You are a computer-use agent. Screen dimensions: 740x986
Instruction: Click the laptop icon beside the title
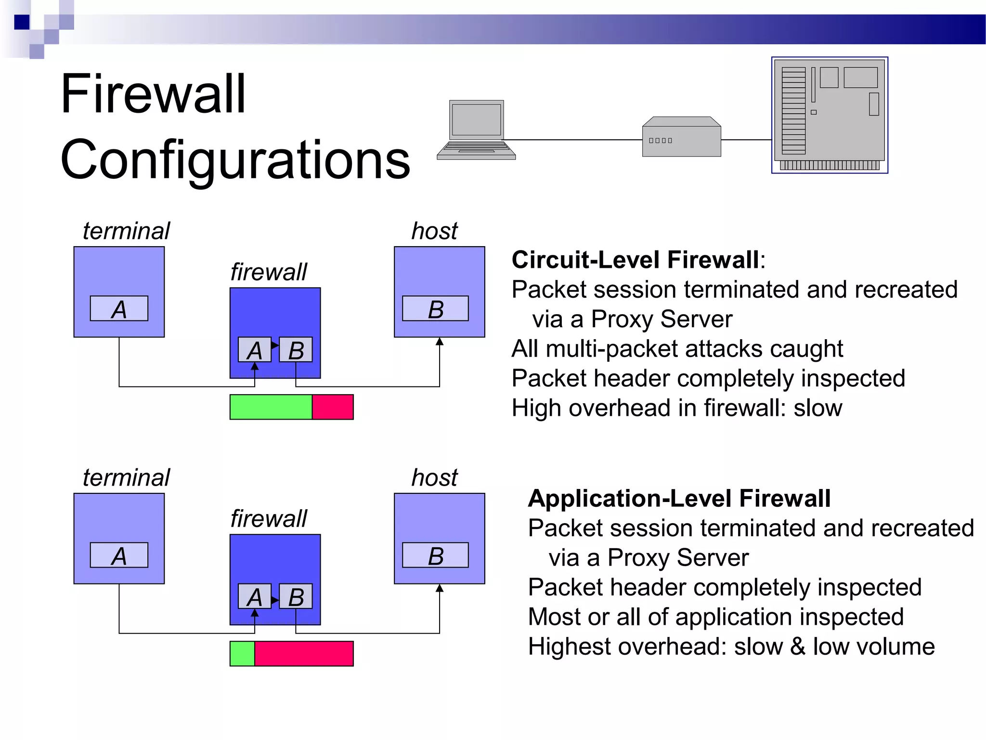[476, 130]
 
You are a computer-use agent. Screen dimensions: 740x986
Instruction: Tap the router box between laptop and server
[681, 137]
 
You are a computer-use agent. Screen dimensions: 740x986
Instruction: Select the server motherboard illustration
[830, 115]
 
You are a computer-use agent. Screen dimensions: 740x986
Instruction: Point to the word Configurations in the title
[235, 159]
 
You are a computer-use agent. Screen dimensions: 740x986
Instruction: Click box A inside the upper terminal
[119, 309]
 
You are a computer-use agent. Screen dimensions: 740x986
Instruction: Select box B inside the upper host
[435, 309]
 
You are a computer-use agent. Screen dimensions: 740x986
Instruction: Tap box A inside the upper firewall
[255, 350]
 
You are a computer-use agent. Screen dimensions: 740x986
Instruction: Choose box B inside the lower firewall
[296, 596]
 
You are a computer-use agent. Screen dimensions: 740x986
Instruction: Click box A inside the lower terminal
[119, 555]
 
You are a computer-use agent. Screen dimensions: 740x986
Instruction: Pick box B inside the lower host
[435, 555]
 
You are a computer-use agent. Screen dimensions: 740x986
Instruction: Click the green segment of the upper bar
[271, 407]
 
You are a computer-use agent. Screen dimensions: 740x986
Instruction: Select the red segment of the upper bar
[333, 407]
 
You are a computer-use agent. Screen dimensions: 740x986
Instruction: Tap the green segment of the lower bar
[242, 654]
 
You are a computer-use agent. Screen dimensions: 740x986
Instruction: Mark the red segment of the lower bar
[304, 654]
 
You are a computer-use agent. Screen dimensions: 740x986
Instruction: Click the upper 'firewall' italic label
[268, 272]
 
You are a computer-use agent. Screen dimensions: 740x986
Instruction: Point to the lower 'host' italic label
[434, 478]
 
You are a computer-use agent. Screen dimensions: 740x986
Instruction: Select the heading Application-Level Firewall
[679, 499]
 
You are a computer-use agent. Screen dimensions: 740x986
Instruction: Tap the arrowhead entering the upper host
[440, 342]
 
